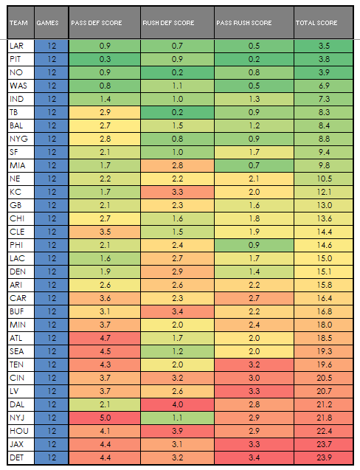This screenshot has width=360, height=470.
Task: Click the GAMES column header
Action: (48, 23)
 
